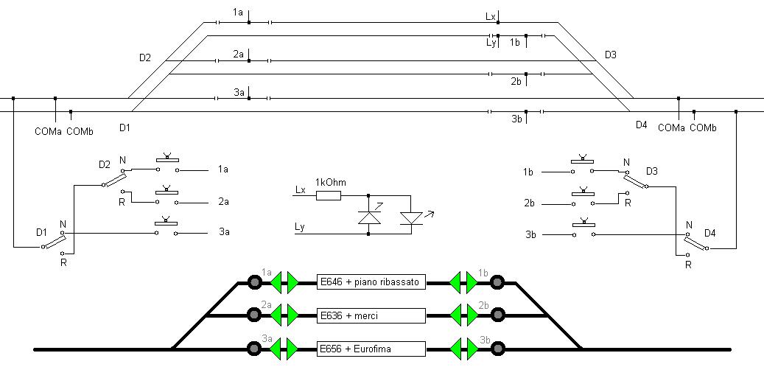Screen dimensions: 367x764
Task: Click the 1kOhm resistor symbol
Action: click(329, 195)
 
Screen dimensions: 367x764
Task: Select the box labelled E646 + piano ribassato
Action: click(371, 282)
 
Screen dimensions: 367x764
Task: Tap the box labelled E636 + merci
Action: click(371, 315)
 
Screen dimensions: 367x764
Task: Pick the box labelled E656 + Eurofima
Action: click(371, 349)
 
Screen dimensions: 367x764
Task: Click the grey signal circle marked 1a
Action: click(254, 282)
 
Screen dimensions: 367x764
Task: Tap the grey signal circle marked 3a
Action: click(254, 349)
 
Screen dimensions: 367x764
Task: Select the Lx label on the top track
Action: click(491, 15)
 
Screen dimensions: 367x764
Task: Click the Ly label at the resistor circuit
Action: click(300, 226)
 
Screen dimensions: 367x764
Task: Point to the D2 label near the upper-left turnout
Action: click(144, 57)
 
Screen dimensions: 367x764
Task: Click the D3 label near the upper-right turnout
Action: click(610, 55)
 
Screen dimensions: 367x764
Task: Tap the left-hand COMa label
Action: click(49, 132)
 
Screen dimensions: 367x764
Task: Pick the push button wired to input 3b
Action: click(583, 230)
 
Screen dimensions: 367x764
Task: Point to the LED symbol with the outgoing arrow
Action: click(411, 218)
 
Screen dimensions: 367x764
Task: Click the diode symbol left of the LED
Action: click(368, 218)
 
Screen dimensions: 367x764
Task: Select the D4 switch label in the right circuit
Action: click(710, 234)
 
